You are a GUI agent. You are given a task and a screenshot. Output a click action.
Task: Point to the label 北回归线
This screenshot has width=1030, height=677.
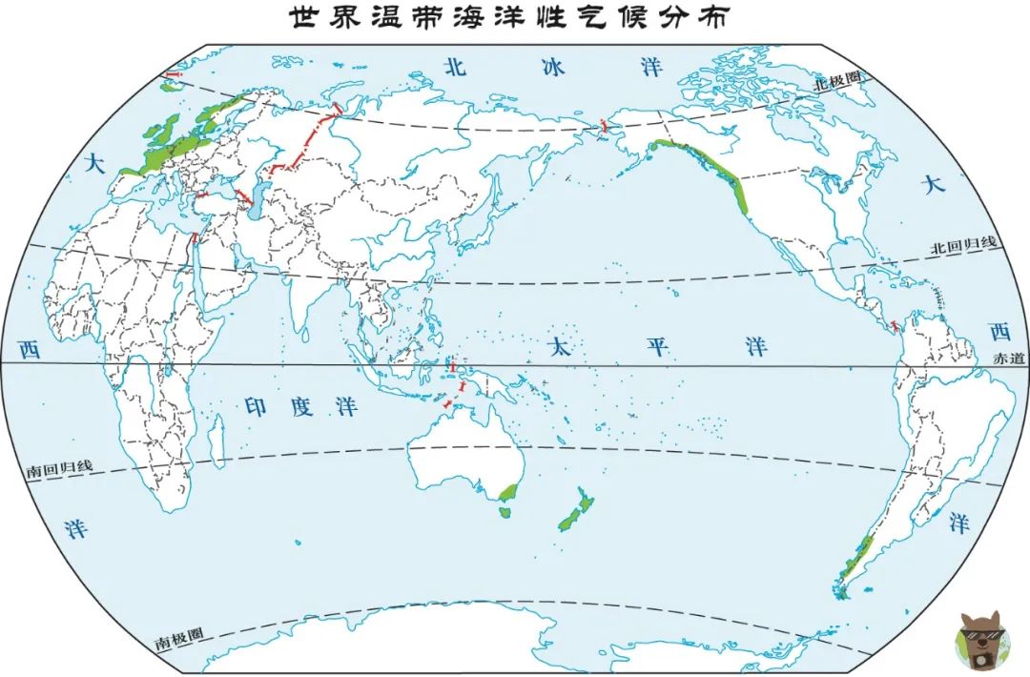(x=963, y=244)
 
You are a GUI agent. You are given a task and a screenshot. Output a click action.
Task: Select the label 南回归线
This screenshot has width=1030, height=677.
(x=58, y=468)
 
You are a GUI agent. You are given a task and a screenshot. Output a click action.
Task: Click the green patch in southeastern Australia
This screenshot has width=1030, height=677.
(x=508, y=492)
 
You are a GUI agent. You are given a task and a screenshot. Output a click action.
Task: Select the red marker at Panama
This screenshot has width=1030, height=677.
(x=895, y=327)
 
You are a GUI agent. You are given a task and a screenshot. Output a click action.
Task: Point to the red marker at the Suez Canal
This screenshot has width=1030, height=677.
(x=194, y=237)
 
